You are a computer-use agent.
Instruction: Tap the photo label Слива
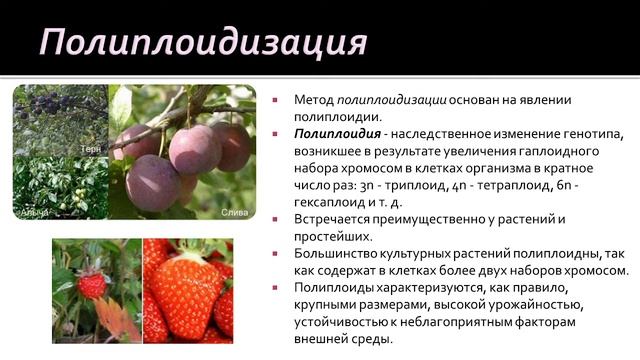pyautogui.click(x=233, y=213)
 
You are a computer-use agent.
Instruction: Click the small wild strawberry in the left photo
pyautogui.click(x=93, y=285)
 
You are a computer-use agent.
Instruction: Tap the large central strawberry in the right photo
pyautogui.click(x=185, y=296)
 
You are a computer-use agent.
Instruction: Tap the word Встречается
pyautogui.click(x=336, y=219)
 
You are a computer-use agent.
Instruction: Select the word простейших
pyautogui.click(x=333, y=236)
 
